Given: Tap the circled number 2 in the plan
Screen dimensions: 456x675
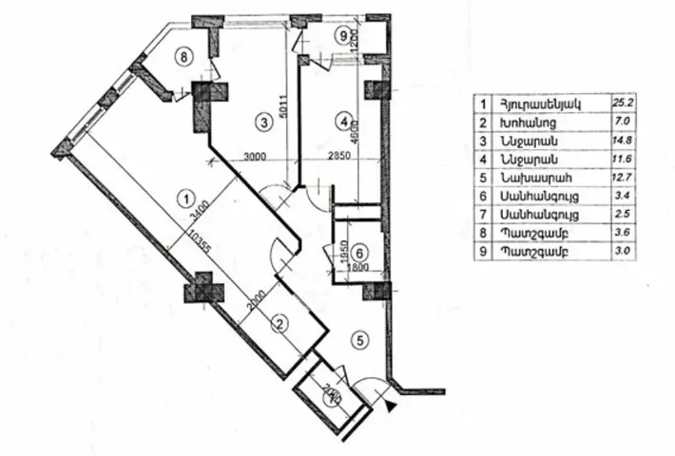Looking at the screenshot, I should tap(280, 323).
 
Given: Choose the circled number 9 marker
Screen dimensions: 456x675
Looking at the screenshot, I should tap(343, 37).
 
